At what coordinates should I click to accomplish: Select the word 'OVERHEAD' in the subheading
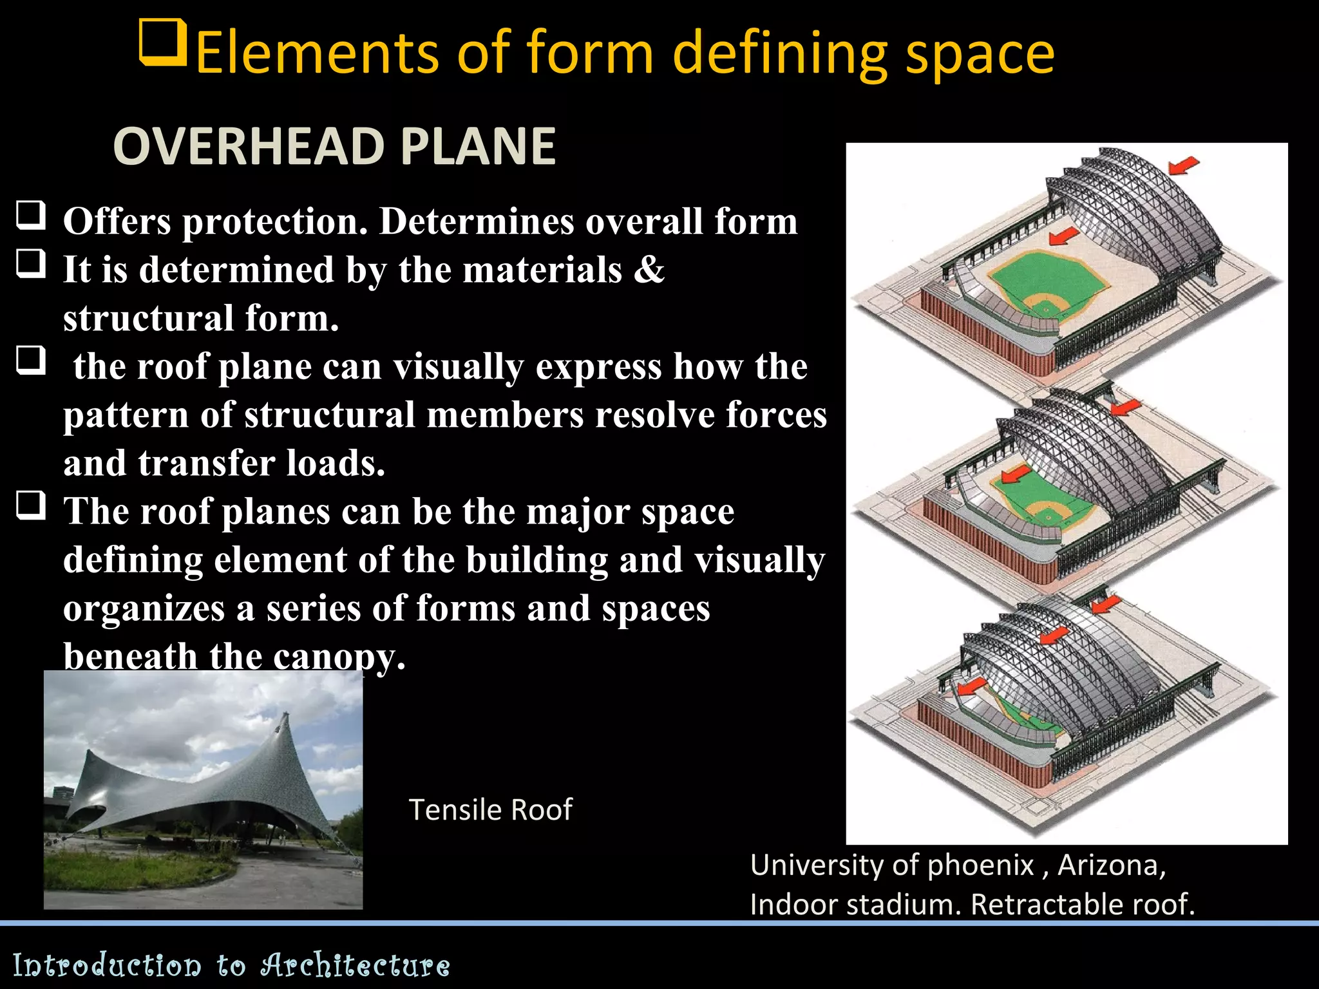tap(248, 147)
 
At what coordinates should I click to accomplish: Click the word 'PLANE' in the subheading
tap(478, 147)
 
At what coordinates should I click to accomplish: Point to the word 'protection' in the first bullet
tap(275, 221)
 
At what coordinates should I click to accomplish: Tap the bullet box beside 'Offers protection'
tap(31, 216)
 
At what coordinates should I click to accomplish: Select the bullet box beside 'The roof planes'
tap(31, 505)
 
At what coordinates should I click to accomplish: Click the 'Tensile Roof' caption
tap(490, 809)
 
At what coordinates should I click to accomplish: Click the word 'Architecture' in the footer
tap(355, 965)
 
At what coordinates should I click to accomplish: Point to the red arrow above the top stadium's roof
tap(1183, 165)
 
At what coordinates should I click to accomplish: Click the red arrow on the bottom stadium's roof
tap(1054, 635)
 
